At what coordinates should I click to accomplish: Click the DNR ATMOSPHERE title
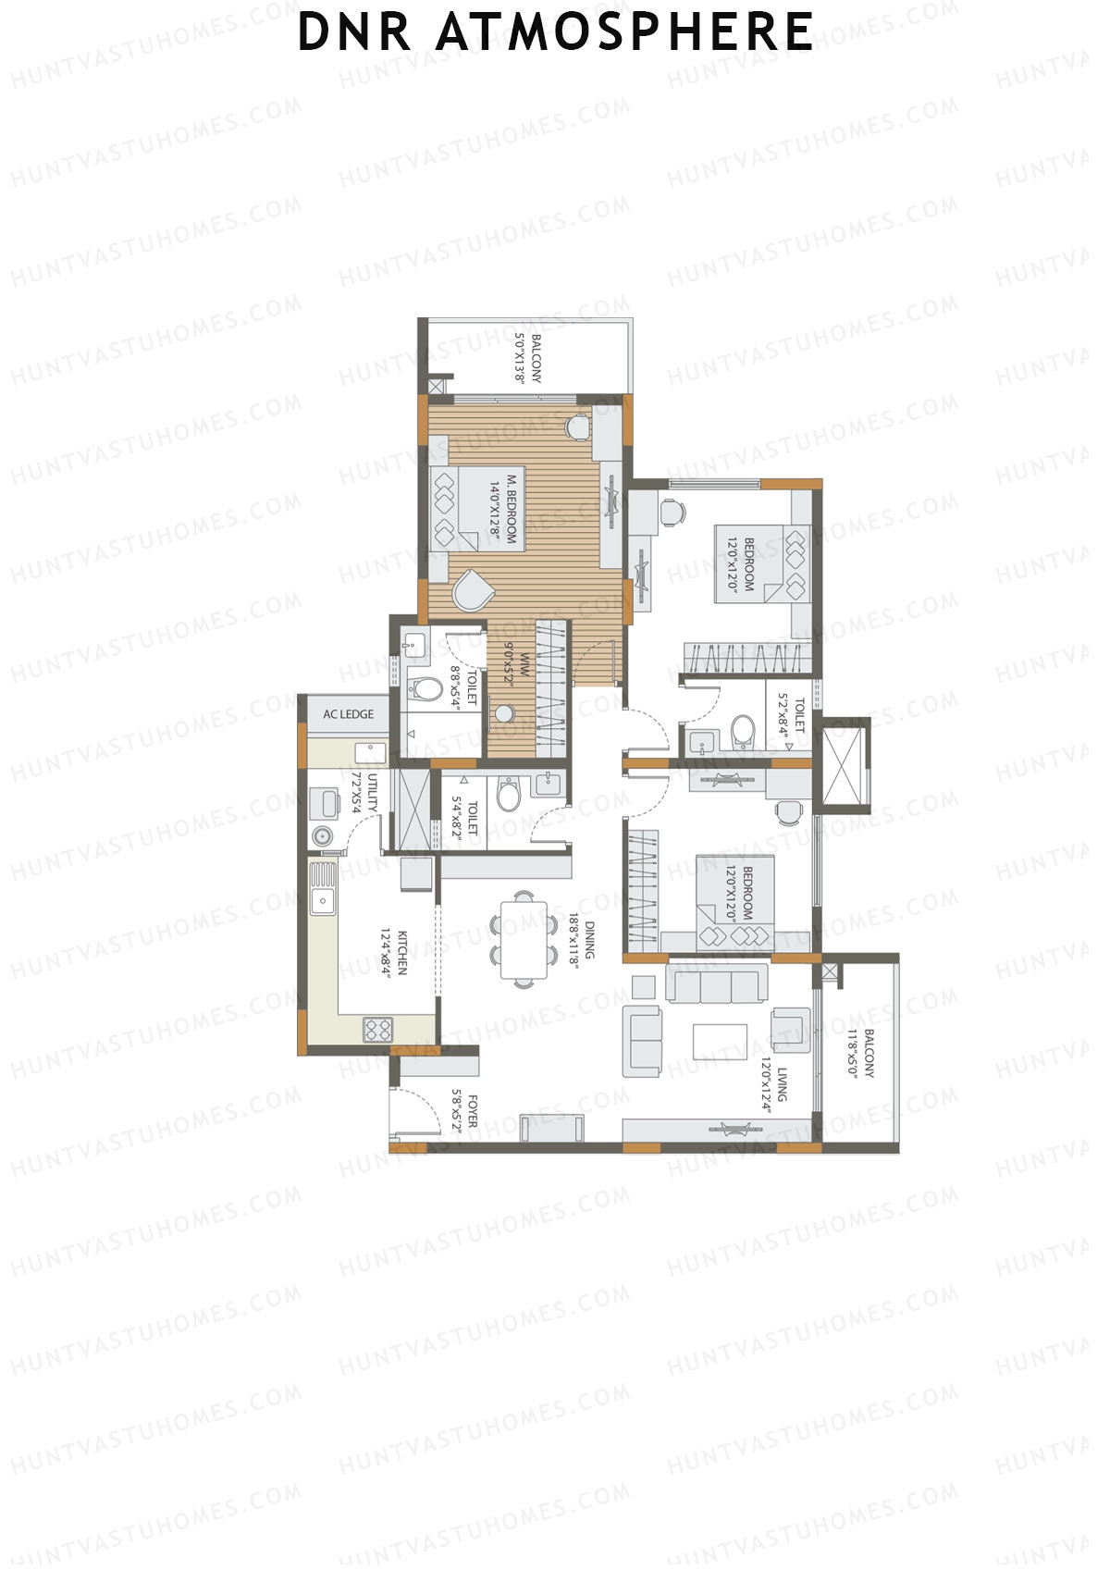[555, 32]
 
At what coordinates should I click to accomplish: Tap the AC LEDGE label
[348, 714]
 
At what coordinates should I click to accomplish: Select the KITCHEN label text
[401, 953]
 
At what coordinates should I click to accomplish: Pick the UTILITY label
[372, 793]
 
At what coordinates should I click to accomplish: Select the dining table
[524, 940]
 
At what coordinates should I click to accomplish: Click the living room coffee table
[721, 1041]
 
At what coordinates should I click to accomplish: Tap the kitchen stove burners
[377, 1029]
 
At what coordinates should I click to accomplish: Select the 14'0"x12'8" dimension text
[496, 509]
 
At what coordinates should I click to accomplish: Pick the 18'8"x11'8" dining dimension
[573, 940]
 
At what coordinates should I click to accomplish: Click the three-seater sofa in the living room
[717, 983]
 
